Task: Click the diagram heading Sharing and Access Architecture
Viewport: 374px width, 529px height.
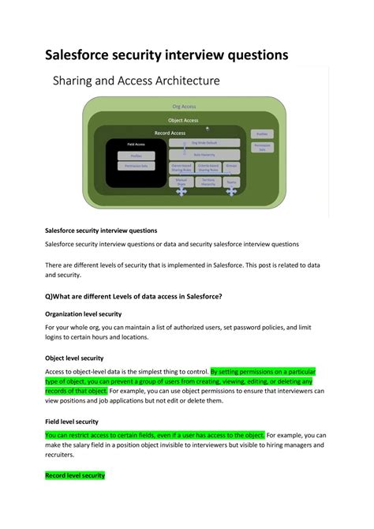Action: tap(135, 81)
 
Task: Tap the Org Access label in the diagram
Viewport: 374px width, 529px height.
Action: tap(184, 106)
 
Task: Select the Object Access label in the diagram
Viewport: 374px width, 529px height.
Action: tap(183, 120)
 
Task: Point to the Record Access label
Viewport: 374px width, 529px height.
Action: tap(170, 133)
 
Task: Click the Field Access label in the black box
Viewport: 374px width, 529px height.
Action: tap(136, 144)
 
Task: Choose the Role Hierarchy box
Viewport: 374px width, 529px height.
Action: tap(204, 155)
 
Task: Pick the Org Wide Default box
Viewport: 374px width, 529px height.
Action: tap(204, 143)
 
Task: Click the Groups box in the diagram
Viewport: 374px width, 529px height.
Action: tap(232, 167)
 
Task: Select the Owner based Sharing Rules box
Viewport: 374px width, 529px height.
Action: tap(181, 167)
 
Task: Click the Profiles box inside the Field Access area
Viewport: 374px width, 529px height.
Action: tap(136, 156)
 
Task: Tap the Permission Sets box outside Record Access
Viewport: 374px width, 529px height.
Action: tap(262, 147)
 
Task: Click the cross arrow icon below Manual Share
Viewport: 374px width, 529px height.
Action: tap(181, 192)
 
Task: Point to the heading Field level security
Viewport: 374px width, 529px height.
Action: tap(72, 422)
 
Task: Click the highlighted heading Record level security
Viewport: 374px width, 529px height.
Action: tap(75, 476)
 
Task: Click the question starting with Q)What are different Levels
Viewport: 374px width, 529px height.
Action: tap(133, 296)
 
